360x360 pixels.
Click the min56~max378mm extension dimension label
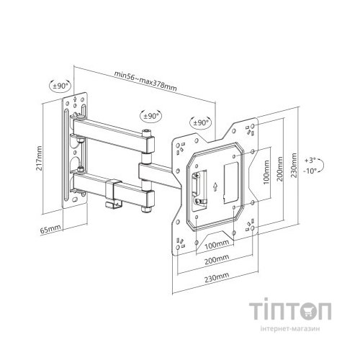click(145, 81)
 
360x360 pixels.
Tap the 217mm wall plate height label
click(39, 158)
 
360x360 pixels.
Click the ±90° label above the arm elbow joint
click(151, 116)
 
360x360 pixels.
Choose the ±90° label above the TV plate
click(201, 122)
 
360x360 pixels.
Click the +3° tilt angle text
click(310, 161)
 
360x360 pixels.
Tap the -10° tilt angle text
click(310, 171)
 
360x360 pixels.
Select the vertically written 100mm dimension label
click(266, 172)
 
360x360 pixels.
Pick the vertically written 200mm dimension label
click(280, 169)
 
